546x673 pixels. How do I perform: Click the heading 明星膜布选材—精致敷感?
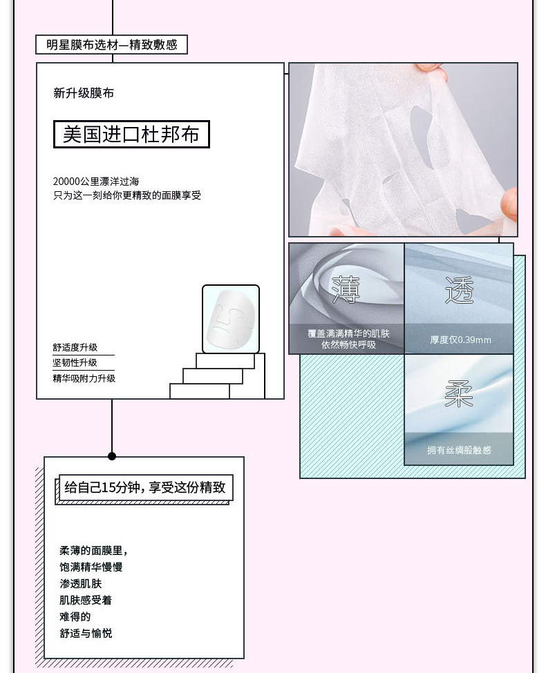[x=111, y=45]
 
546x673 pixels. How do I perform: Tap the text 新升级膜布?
[x=84, y=93]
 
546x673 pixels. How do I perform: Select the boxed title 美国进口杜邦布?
[x=131, y=134]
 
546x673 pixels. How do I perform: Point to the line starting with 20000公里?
[x=96, y=181]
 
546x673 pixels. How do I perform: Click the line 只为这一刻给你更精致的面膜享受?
[x=127, y=195]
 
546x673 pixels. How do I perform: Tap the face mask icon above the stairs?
[x=231, y=319]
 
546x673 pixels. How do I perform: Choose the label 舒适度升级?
[x=75, y=347]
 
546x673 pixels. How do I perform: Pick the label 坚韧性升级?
[x=75, y=362]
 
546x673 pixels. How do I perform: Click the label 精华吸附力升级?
[x=84, y=378]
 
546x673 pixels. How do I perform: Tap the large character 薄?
[x=346, y=289]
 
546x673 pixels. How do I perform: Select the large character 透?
[x=459, y=289]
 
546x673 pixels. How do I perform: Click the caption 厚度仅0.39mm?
[x=460, y=340]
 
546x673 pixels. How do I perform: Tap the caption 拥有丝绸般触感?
[x=459, y=450]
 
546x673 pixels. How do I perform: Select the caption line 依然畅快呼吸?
[x=348, y=344]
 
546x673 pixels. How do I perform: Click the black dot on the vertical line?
[x=112, y=456]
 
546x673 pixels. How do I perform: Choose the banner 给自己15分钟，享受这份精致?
[x=144, y=487]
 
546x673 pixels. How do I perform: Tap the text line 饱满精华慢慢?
[x=91, y=567]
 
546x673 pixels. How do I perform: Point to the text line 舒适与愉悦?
[x=86, y=633]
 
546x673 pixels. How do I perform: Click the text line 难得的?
[x=75, y=616]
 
